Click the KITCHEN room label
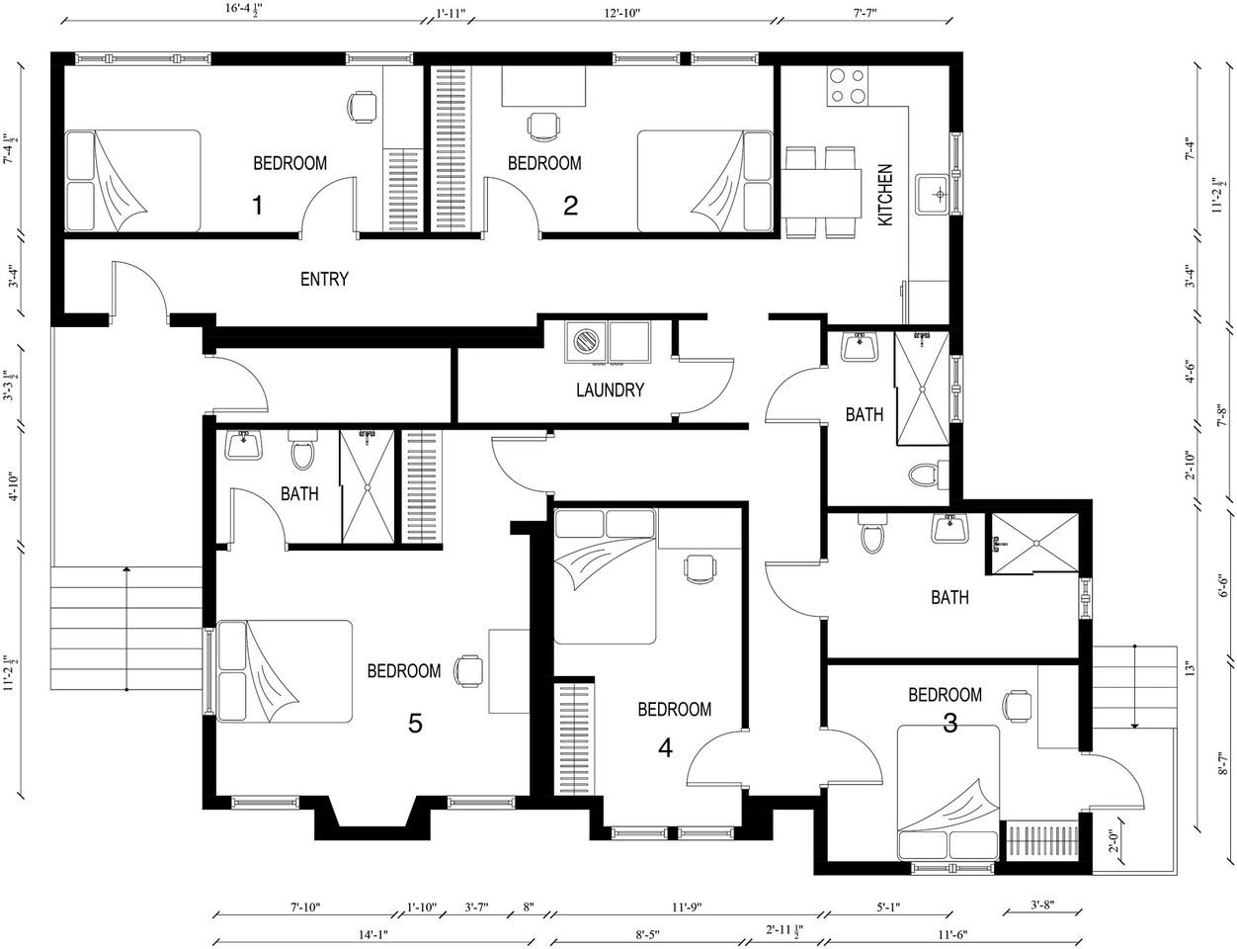tap(885, 196)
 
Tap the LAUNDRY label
tap(610, 389)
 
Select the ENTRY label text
tap(324, 279)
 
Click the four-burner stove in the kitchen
tap(848, 85)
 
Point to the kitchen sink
tap(932, 194)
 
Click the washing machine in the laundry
tap(586, 342)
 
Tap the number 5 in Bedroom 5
tap(415, 724)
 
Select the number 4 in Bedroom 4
tap(665, 748)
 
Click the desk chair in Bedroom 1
tap(362, 107)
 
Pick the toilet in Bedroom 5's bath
tap(302, 450)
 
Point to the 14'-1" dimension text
tap(372, 935)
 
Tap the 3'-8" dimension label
tap(1043, 906)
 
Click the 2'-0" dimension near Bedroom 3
tap(1113, 839)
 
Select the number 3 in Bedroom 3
tap(950, 723)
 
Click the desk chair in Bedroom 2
tap(543, 127)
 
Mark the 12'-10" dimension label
tap(622, 13)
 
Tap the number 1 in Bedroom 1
tap(257, 205)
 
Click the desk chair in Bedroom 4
tap(700, 568)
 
